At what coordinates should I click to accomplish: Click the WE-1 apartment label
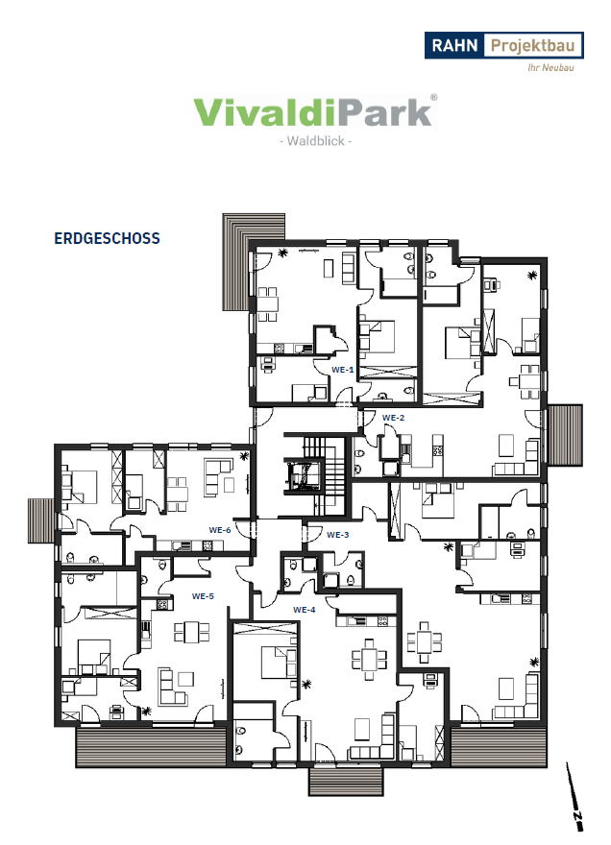click(x=342, y=370)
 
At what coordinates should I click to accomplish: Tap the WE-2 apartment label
click(x=393, y=418)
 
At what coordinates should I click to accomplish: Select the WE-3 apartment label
click(x=338, y=535)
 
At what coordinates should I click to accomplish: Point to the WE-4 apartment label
click(x=305, y=610)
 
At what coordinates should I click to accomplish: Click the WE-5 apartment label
click(x=203, y=596)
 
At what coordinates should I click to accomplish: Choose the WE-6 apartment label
click(x=220, y=530)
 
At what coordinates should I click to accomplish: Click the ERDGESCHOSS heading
click(x=108, y=239)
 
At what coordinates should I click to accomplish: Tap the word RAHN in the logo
click(x=454, y=45)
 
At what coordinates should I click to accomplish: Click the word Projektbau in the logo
click(x=533, y=46)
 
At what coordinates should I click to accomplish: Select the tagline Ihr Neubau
click(x=550, y=67)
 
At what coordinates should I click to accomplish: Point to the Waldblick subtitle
click(x=315, y=141)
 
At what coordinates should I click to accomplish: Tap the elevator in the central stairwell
click(x=304, y=475)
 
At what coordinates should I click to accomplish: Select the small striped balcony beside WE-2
click(x=565, y=435)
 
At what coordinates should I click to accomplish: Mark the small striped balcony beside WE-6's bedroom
click(x=41, y=520)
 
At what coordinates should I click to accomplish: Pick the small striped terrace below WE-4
click(x=346, y=781)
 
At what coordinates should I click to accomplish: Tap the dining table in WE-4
click(x=369, y=659)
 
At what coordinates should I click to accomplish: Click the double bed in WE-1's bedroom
click(x=379, y=338)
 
